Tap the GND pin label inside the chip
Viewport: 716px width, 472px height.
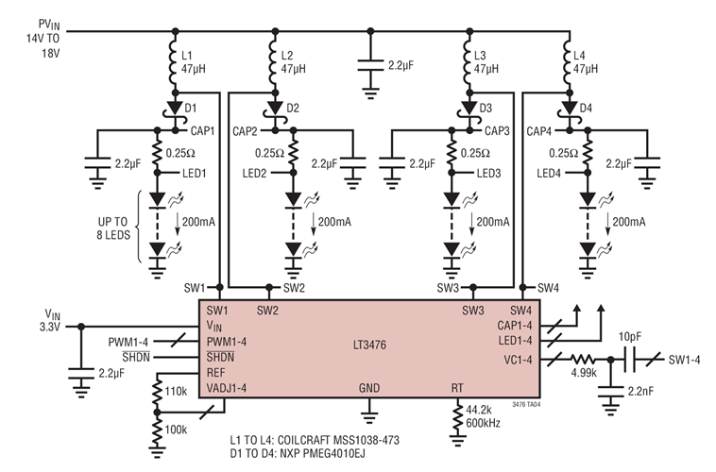369,388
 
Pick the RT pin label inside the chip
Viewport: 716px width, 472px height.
458,388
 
